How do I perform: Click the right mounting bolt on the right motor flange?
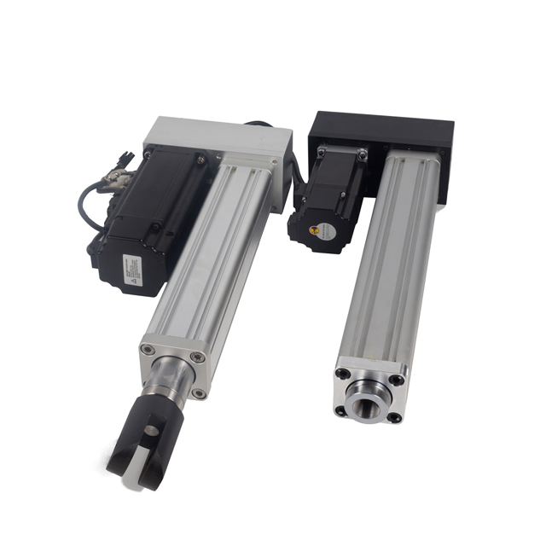[x=363, y=154]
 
